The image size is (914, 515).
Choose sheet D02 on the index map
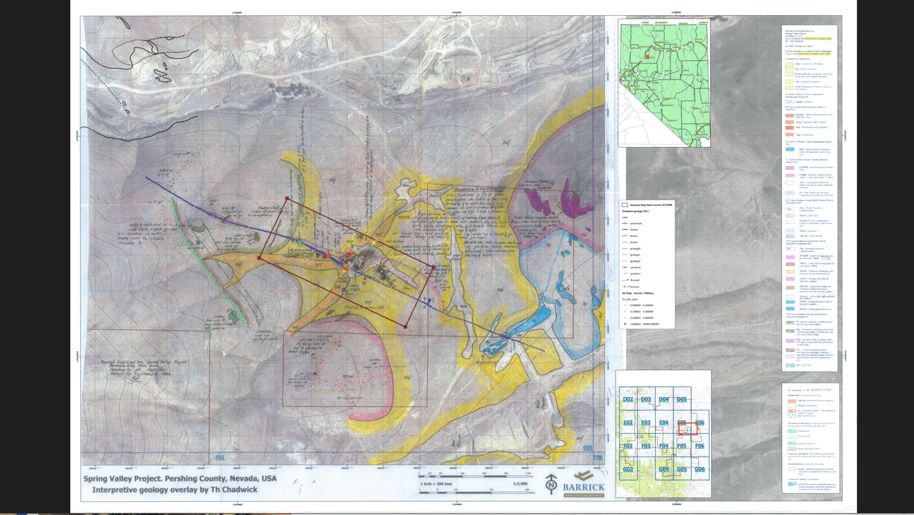pyautogui.click(x=628, y=399)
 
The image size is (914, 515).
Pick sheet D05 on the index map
pyautogui.click(x=682, y=399)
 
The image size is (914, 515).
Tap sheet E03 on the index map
pyautogui.click(x=646, y=423)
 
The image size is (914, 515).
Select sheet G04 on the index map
pyautogui.click(x=663, y=469)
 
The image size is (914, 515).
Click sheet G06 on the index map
pyautogui.click(x=699, y=469)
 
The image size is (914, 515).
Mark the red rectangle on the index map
pyautogui.click(x=688, y=429)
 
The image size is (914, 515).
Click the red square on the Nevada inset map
pyautogui.click(x=648, y=58)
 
